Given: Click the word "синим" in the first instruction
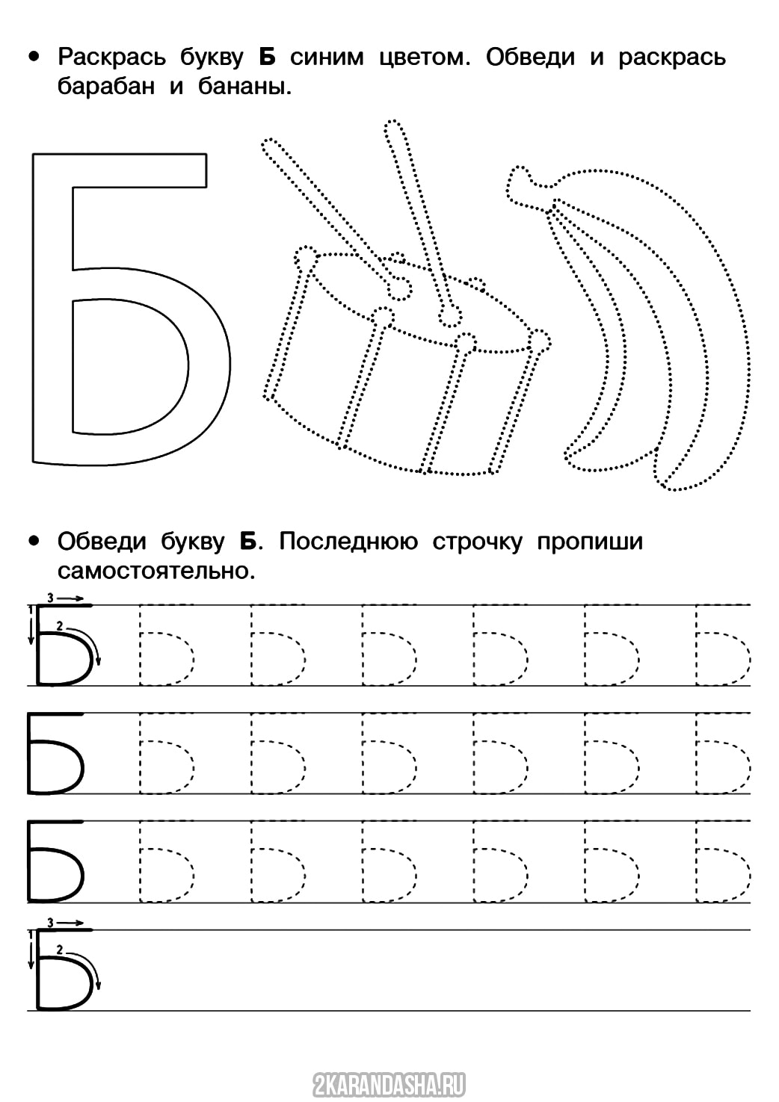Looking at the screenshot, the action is pyautogui.click(x=327, y=58).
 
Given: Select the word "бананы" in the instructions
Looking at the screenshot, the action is pyautogui.click(x=241, y=87).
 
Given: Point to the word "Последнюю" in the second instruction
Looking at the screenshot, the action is pyautogui.click(x=348, y=542).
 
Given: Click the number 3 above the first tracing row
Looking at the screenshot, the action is pyautogui.click(x=50, y=598).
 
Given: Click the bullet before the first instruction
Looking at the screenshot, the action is pyautogui.click(x=34, y=58).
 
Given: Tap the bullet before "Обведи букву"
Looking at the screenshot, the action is pyautogui.click(x=34, y=542).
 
